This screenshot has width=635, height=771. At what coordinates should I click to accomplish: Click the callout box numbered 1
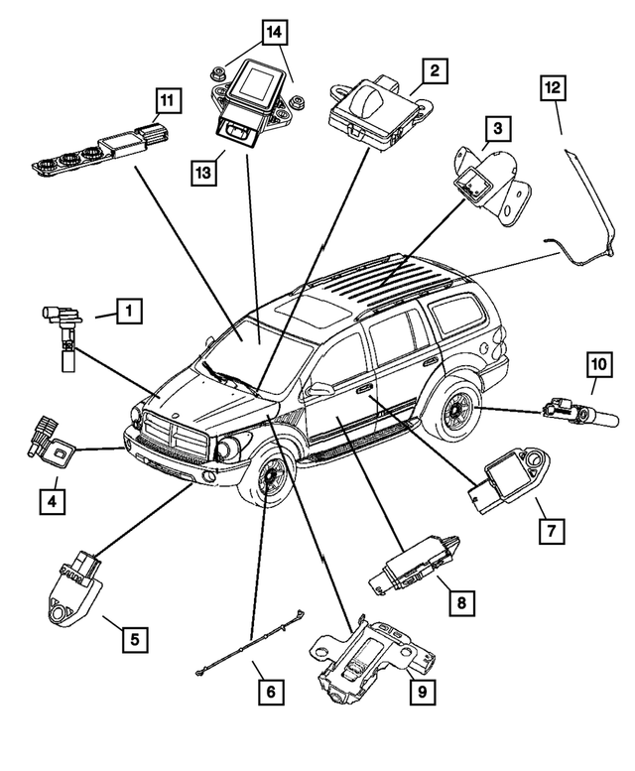(x=127, y=312)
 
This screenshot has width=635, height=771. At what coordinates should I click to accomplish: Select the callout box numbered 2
(x=432, y=71)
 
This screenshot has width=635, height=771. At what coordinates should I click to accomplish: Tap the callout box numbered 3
(x=499, y=127)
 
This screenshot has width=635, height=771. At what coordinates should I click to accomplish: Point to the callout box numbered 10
(x=598, y=366)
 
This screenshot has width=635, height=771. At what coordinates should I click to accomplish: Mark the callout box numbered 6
(x=267, y=686)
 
